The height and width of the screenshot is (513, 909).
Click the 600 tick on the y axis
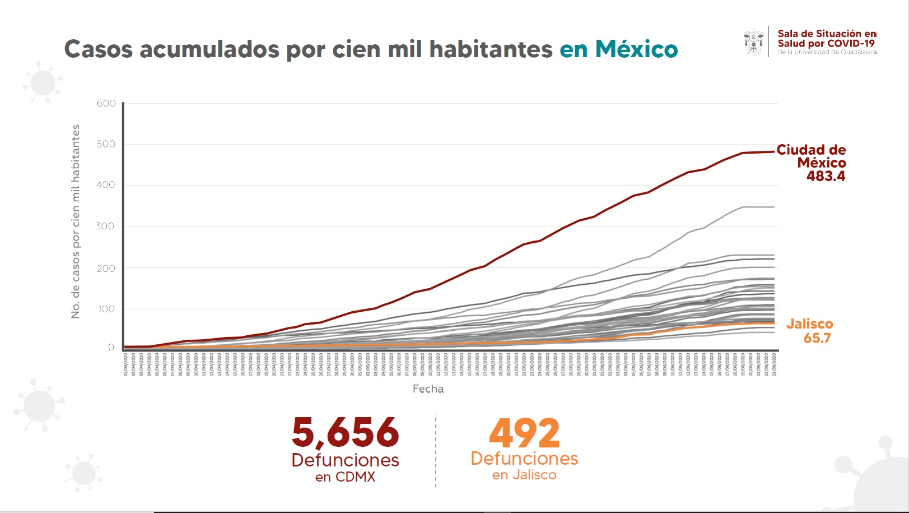[106, 104]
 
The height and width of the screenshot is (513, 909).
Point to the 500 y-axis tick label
[106, 144]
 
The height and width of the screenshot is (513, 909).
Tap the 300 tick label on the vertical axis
[106, 227]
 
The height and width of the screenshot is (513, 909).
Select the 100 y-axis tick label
[106, 309]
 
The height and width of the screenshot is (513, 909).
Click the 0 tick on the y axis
[111, 348]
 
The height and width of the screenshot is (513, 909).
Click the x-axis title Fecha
[428, 389]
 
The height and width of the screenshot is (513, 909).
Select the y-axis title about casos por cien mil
[76, 221]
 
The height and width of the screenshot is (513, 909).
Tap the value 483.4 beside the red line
[826, 176]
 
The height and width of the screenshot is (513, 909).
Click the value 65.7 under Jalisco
[817, 338]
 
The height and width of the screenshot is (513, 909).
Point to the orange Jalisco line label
[809, 324]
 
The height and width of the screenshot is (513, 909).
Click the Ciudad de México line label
[812, 156]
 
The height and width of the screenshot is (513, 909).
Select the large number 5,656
[345, 433]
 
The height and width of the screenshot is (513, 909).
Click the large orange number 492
[524, 433]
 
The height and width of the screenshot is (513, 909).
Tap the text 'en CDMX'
[345, 477]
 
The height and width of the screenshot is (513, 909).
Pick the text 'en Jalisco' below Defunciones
[524, 475]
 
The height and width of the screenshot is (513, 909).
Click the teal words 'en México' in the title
[618, 49]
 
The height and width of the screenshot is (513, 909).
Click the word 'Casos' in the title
[98, 49]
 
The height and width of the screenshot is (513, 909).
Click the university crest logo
[754, 41]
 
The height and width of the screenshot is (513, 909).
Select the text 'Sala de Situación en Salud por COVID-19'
[827, 39]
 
